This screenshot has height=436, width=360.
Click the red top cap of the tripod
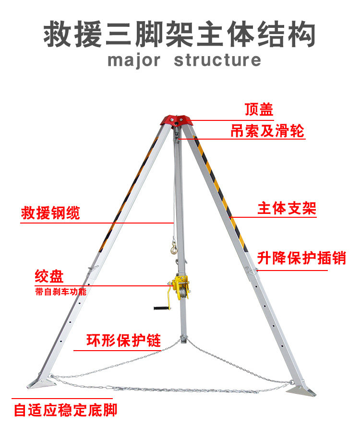[177, 119]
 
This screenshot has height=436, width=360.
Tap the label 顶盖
[259, 110]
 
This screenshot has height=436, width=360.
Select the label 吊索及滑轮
[267, 130]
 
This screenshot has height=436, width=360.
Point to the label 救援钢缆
[50, 213]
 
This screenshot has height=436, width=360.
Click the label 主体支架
[287, 209]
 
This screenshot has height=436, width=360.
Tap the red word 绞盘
[49, 277]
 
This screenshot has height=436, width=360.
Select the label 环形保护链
[123, 340]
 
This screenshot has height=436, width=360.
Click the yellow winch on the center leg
[181, 288]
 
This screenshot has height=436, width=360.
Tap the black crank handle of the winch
[161, 307]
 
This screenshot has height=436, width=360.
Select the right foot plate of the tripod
[301, 391]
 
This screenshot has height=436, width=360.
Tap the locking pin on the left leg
[91, 269]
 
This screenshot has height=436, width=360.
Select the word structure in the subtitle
[217, 60]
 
